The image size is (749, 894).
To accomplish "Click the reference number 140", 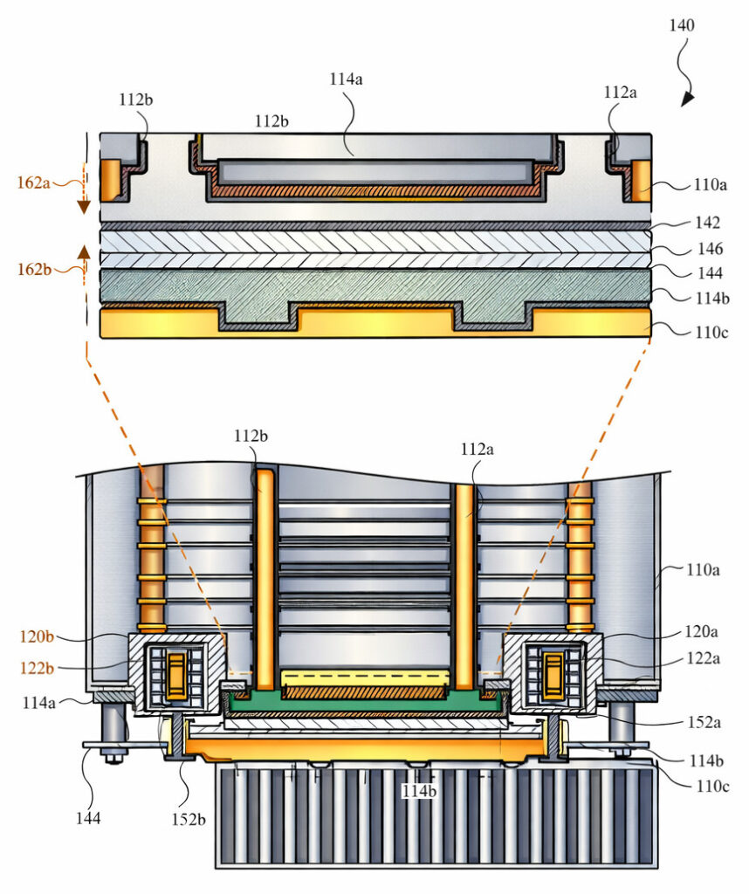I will pos(683,25).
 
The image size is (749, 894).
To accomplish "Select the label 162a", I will pos(33,183).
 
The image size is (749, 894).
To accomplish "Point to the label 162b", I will pos(33,269).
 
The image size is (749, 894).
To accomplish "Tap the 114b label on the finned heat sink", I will pos(418,791).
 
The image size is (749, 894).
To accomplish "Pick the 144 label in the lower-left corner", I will pos(87,817).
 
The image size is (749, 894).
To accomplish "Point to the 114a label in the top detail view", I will pos(347,79).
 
